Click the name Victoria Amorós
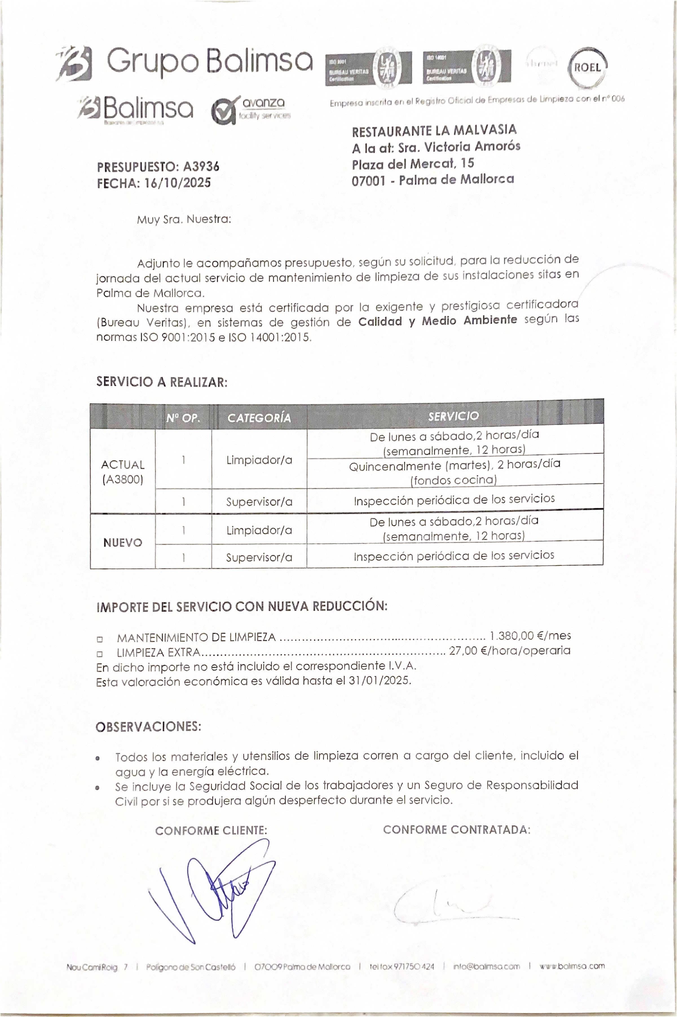(472, 147)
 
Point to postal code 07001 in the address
(368, 180)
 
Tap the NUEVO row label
(123, 542)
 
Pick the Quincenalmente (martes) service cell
(454, 471)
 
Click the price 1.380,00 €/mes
(530, 636)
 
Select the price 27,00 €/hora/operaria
(510, 650)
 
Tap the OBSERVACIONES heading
(149, 727)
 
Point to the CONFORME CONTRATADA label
(457, 830)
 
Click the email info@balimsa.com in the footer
(486, 967)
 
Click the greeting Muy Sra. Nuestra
(184, 219)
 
